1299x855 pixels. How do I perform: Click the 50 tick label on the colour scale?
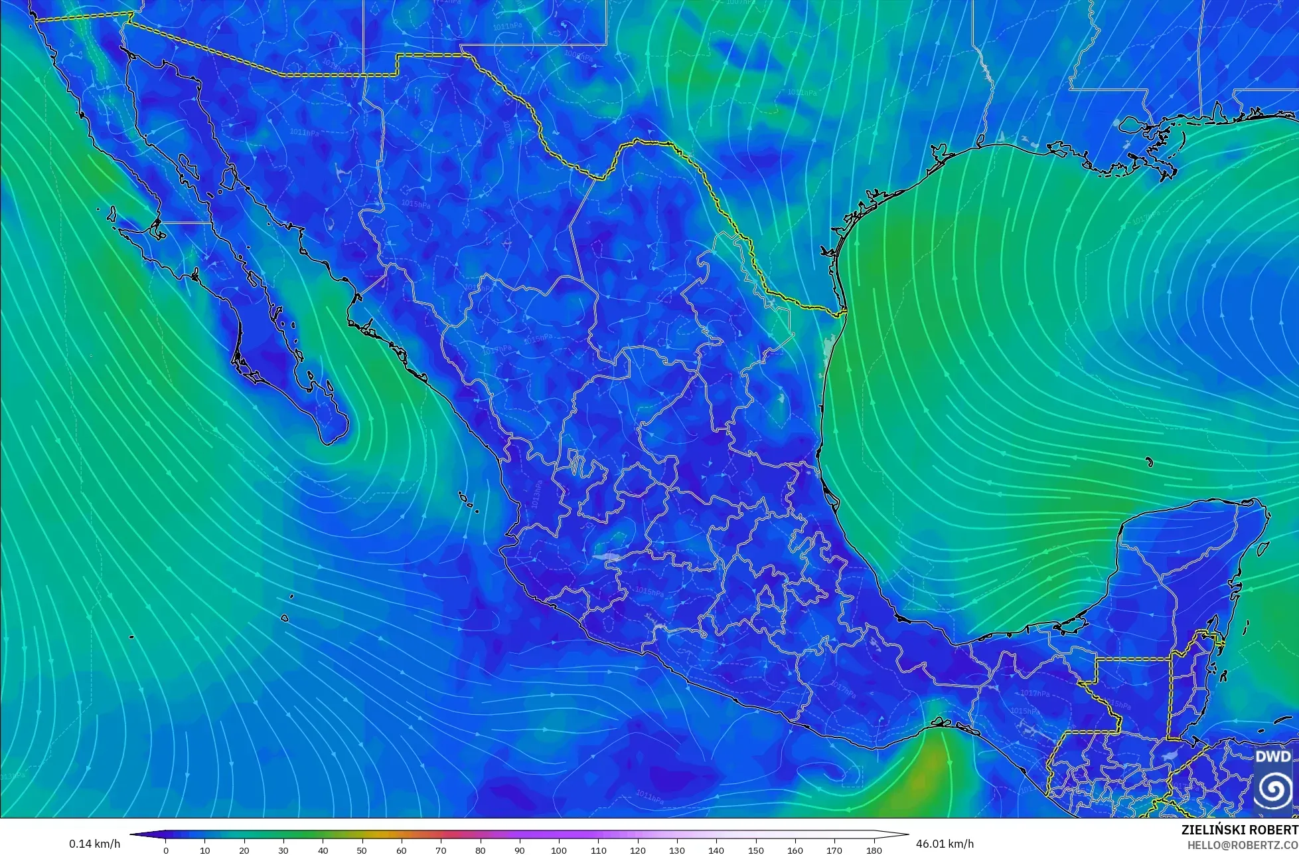coord(362,850)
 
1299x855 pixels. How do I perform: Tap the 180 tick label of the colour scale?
coord(874,850)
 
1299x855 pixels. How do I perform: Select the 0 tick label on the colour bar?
coord(165,850)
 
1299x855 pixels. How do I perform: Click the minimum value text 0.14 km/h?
coord(94,844)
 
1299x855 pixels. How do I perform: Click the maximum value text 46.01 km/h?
coord(945,844)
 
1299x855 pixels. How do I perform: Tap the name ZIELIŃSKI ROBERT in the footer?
coord(1239,830)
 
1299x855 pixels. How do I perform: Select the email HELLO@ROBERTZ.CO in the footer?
coord(1243,844)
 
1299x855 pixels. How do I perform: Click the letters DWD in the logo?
coord(1272,757)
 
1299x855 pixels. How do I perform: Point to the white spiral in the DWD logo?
coord(1272,789)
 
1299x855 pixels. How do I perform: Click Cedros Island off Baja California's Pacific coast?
coord(112,214)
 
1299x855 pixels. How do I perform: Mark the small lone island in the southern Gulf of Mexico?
coord(1149,462)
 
